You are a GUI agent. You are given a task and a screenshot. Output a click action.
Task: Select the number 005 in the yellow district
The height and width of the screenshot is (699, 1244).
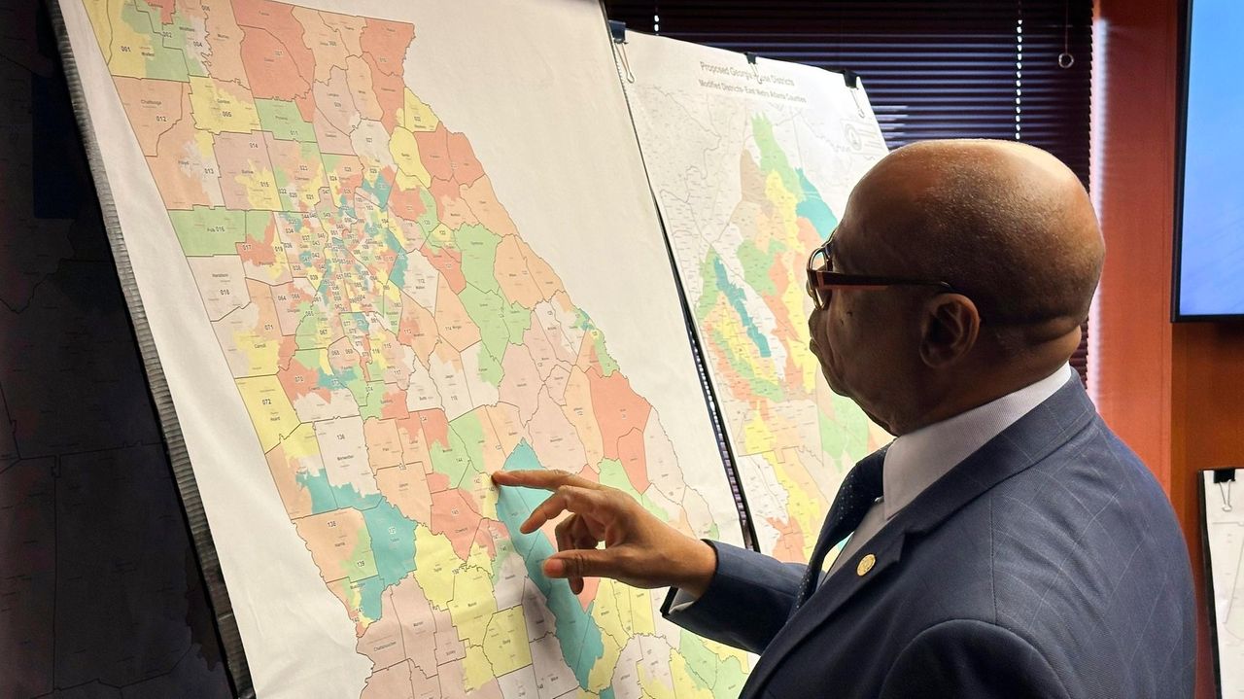point(225,113)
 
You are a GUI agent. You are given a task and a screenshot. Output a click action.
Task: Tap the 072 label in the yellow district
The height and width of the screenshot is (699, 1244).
point(260,401)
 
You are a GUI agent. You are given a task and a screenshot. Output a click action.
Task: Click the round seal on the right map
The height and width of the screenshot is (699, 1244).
point(852,137)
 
